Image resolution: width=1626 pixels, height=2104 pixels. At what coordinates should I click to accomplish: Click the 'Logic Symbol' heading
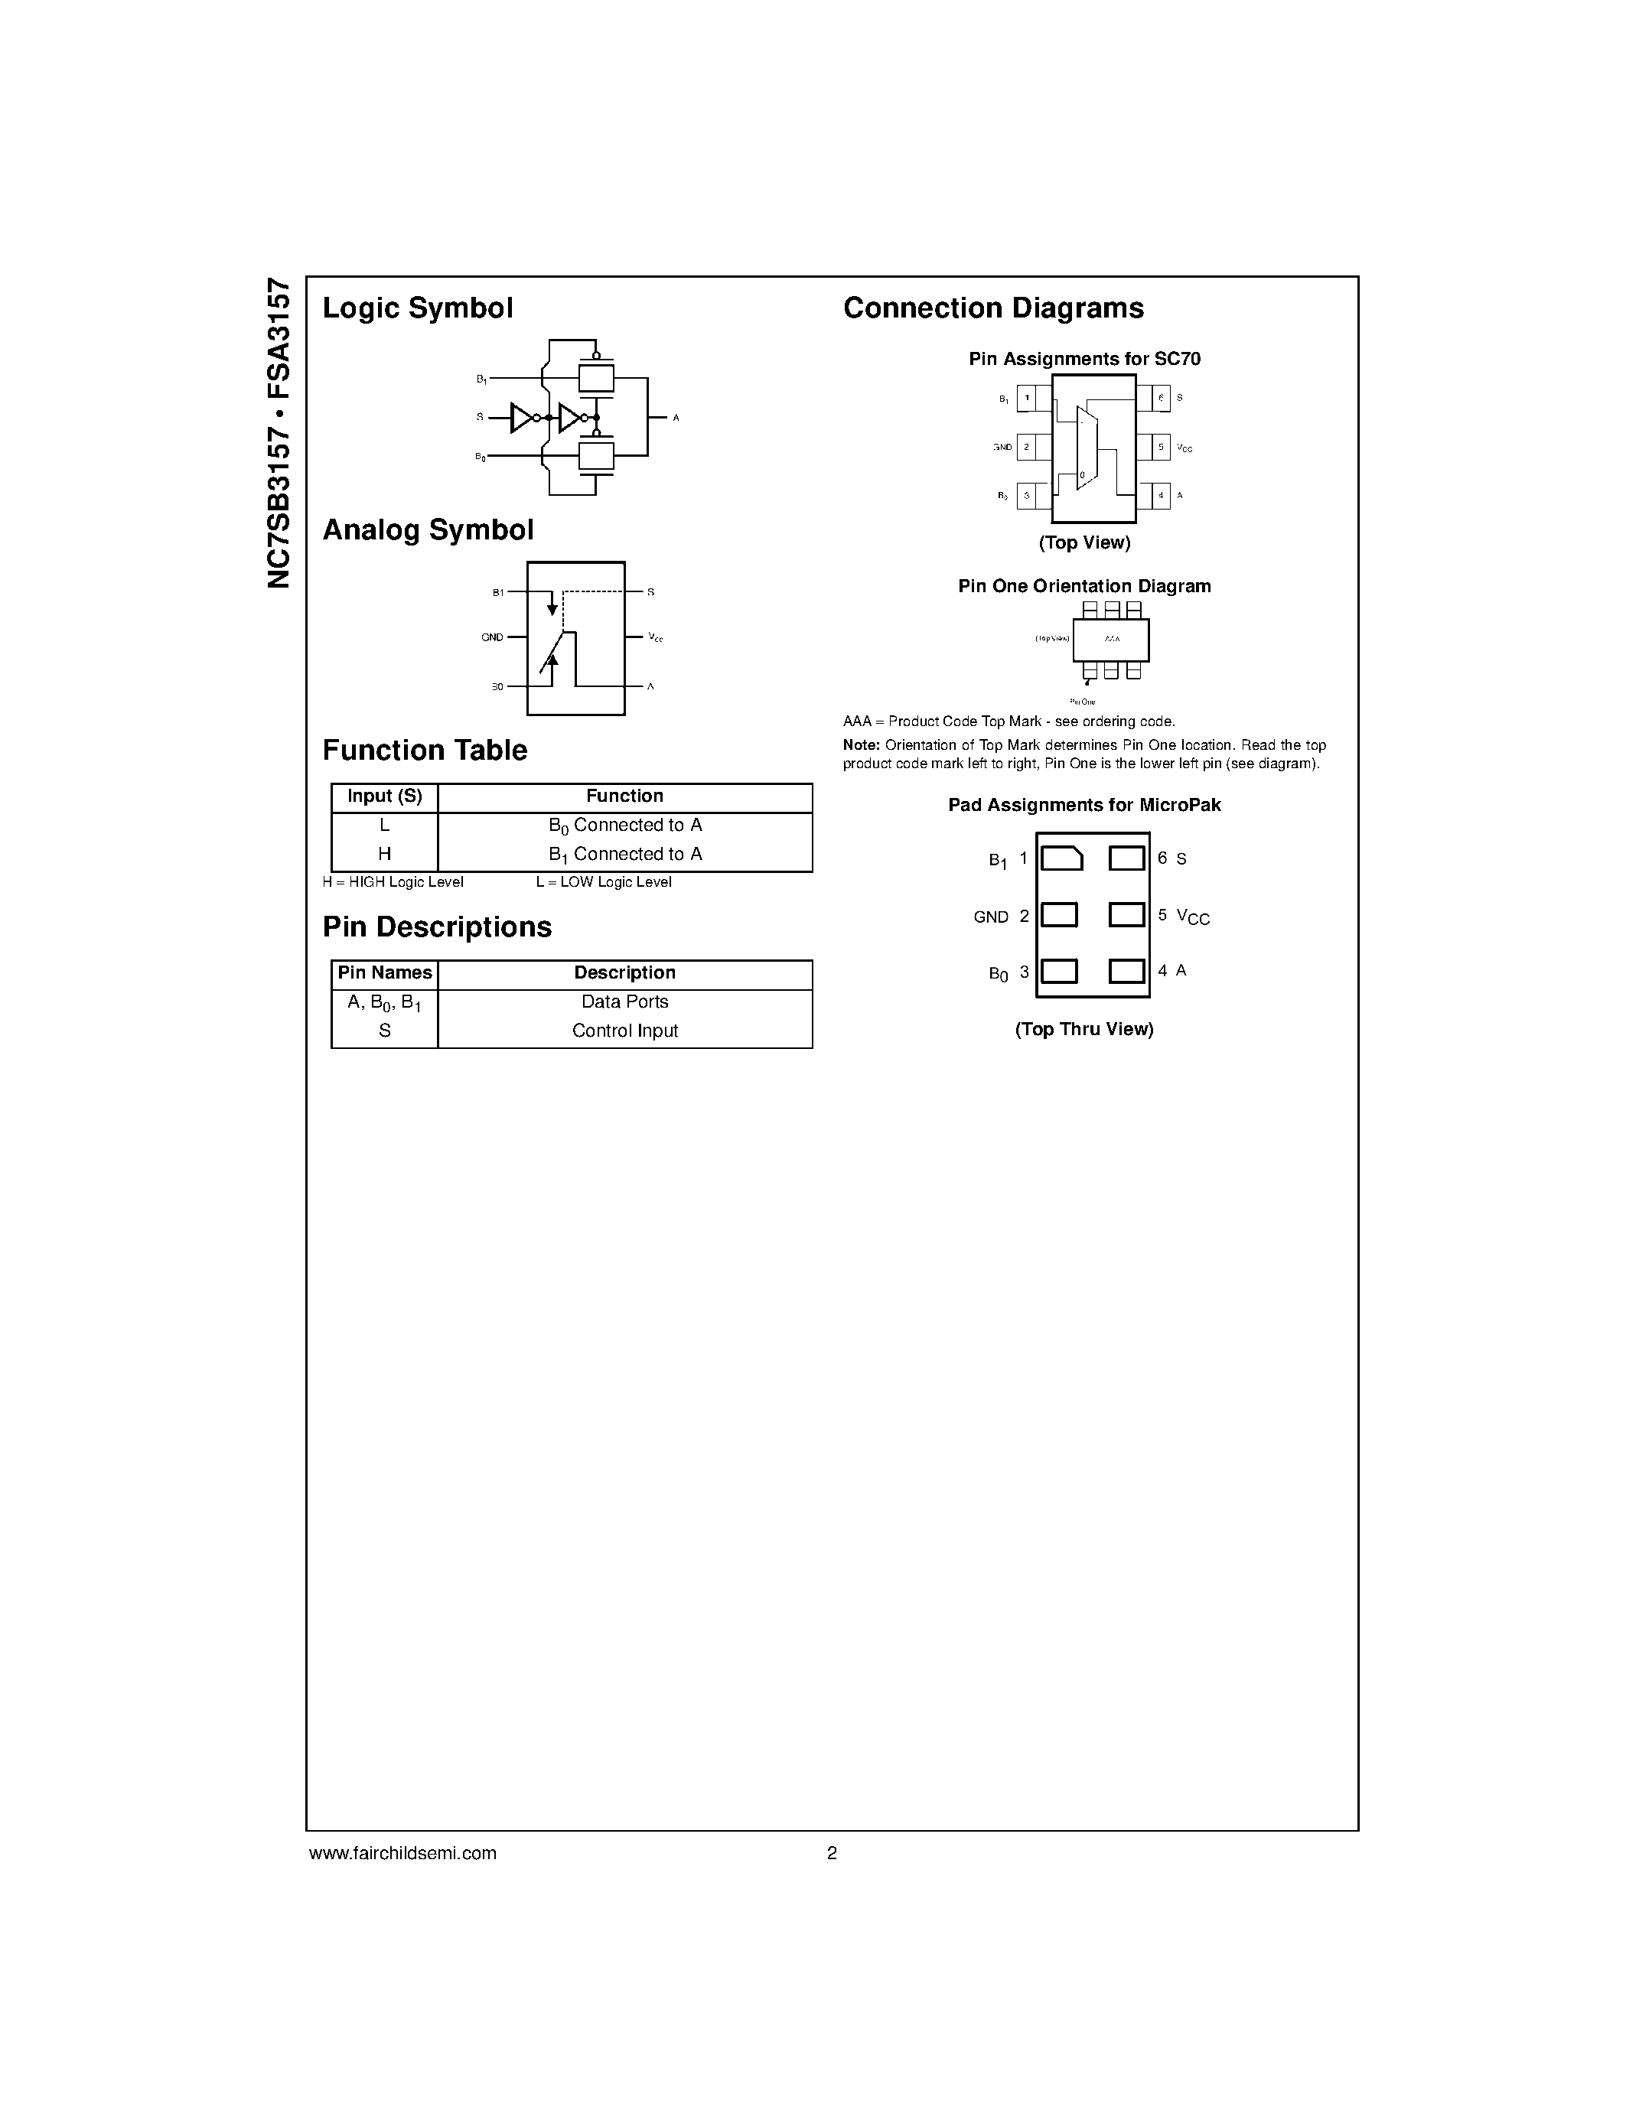point(417,308)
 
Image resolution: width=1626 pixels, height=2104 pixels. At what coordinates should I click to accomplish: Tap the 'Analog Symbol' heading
point(428,531)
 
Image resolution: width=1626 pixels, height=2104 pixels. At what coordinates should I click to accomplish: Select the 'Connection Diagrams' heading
point(993,308)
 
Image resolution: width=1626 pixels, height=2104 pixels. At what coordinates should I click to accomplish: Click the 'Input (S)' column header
point(384,796)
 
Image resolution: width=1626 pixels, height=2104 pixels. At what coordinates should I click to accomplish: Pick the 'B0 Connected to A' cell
point(625,826)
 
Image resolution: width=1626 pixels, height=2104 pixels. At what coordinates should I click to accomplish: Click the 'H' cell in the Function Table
point(384,855)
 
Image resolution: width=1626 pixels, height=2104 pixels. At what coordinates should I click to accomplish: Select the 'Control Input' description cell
point(625,1031)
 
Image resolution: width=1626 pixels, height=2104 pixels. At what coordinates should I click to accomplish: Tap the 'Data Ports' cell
point(625,1002)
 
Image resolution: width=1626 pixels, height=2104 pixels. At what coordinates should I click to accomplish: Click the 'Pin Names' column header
point(384,973)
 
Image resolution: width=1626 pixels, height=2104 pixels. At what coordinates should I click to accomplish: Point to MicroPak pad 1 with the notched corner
point(1061,858)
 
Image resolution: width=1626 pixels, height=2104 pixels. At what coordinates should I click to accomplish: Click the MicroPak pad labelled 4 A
point(1126,971)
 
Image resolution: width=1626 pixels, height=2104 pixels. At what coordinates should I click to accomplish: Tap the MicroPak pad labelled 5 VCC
point(1126,914)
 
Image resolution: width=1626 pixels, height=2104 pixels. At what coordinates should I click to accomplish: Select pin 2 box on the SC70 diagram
point(1027,447)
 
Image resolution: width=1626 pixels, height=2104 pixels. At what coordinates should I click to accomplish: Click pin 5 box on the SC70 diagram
point(1161,447)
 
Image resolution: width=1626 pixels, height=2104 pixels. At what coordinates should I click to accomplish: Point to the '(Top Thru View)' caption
point(1083,1030)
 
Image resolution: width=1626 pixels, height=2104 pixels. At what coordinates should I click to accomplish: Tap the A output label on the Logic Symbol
point(676,418)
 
